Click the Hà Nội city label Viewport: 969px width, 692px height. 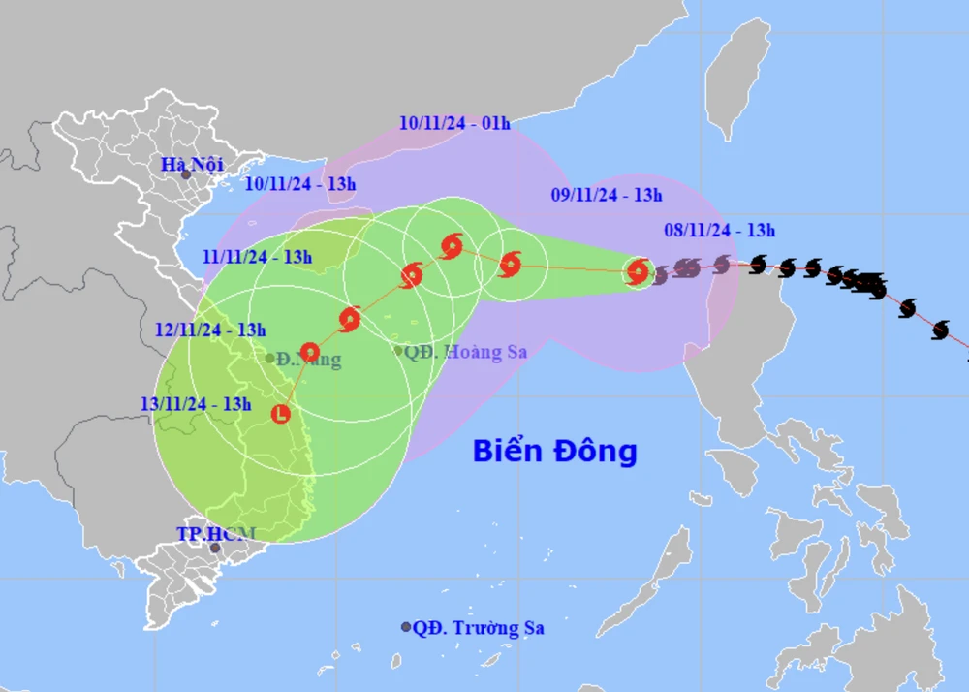point(192,164)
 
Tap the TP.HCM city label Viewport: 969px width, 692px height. point(215,533)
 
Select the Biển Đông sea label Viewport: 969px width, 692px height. point(555,451)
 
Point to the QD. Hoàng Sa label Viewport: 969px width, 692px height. point(466,352)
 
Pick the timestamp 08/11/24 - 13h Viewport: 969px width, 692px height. point(720,230)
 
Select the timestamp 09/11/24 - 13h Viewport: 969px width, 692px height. point(607,195)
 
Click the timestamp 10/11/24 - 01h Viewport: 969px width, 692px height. point(453,123)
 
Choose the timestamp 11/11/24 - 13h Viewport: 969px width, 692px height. point(257,257)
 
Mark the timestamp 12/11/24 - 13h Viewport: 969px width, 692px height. point(210,330)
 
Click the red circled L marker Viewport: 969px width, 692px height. point(281,414)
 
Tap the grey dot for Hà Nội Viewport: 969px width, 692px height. point(185,175)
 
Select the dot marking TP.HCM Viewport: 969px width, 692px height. point(215,549)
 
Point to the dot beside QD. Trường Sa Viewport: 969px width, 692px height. point(406,628)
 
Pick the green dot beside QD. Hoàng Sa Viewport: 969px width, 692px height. point(398,351)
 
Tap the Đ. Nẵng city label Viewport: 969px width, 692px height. point(308,360)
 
